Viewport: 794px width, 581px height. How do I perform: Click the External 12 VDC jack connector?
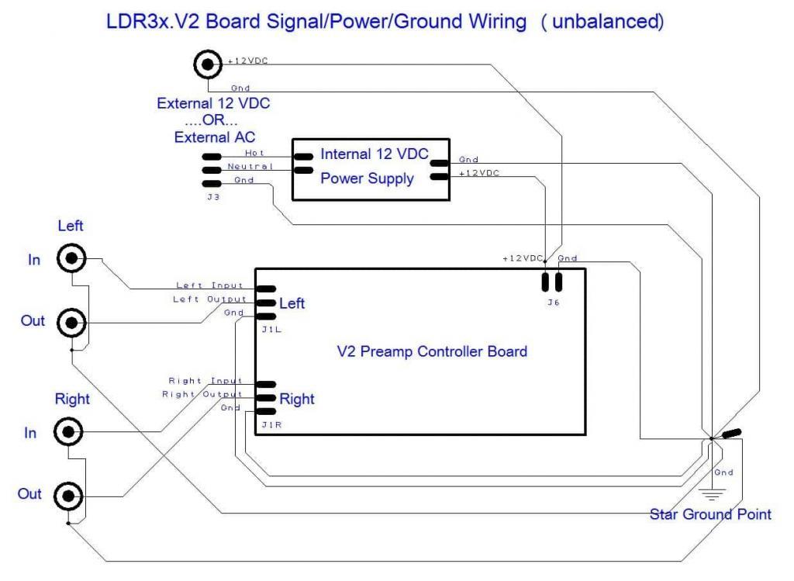point(208,65)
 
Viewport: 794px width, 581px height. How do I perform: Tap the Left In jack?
point(71,258)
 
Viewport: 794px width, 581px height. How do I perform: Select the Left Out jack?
point(71,320)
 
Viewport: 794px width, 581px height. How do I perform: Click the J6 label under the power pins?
point(551,303)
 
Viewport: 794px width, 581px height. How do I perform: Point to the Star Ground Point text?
point(710,514)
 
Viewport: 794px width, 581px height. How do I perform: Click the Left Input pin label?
point(210,285)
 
